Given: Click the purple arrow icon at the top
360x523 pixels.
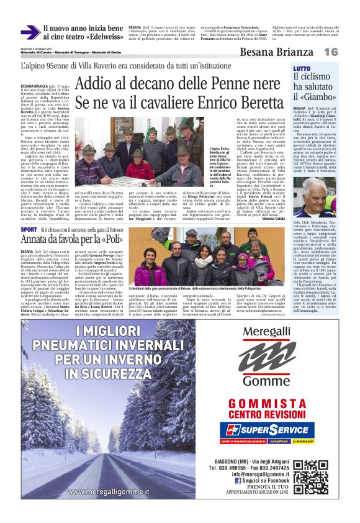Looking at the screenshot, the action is [x=30, y=32].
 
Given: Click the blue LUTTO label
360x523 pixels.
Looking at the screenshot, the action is [x=302, y=68].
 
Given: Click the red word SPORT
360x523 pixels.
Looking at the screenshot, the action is [x=29, y=229].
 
